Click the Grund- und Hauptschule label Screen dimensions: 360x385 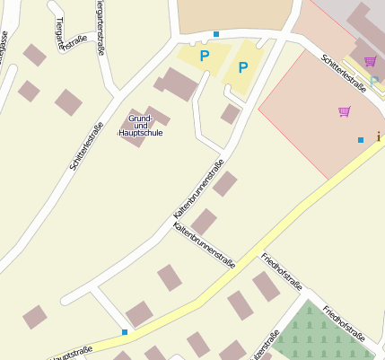pos(140,126)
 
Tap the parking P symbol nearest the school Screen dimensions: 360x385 pos(205,56)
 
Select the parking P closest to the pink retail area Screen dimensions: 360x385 pos(242,67)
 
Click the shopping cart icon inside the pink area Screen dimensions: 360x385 pos(344,111)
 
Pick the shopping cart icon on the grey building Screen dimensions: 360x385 pos(370,61)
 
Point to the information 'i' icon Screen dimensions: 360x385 pos(379,136)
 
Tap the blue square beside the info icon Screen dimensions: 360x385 pos(361,140)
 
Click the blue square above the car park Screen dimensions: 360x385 pos(216,34)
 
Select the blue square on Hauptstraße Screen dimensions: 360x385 pos(125,333)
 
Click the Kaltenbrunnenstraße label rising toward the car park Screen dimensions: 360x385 pos(198,191)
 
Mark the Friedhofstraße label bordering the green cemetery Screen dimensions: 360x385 pos(344,322)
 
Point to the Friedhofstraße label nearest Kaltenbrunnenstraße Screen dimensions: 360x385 pos(281,271)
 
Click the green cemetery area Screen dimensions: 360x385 pos(314,337)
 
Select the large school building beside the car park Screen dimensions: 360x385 pos(179,83)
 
